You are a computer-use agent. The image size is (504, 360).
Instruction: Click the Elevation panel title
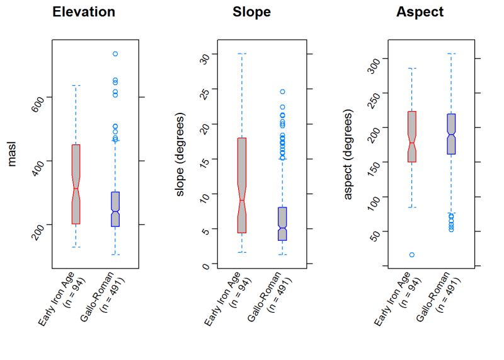click(84, 12)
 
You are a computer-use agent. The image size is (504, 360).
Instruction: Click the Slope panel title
click(251, 12)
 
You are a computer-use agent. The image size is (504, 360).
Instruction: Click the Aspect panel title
click(420, 12)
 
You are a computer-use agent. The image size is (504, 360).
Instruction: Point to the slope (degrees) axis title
click(180, 154)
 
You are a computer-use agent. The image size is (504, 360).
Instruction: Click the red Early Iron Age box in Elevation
click(76, 184)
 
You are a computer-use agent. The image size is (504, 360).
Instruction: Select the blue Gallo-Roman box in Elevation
click(115, 209)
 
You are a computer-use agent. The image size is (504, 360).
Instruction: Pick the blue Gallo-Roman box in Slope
click(282, 223)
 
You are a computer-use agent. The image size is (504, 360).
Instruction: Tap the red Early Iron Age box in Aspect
click(411, 136)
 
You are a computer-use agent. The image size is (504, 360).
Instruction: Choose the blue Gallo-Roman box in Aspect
click(451, 133)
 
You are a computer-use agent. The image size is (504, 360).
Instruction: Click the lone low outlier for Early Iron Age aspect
click(411, 255)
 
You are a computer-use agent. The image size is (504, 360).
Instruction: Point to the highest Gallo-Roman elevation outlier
click(115, 54)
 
